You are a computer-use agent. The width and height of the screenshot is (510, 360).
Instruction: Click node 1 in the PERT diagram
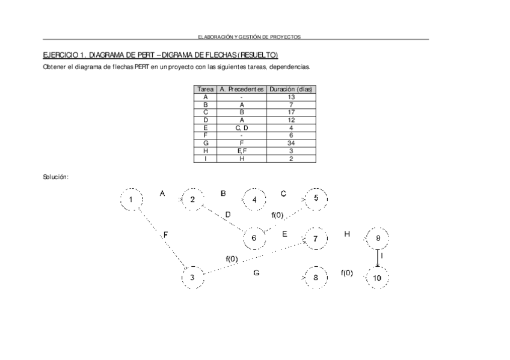(131, 200)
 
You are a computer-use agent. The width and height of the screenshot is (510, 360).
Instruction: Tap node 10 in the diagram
(377, 278)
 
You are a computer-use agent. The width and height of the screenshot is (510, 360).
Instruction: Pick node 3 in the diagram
(192, 278)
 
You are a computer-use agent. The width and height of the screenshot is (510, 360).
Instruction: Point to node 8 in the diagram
(315, 278)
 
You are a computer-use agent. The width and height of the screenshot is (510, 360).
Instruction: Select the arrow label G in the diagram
(256, 273)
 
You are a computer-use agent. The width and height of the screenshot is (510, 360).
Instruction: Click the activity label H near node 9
(347, 234)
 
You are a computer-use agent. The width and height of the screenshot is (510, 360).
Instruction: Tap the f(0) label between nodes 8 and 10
(347, 273)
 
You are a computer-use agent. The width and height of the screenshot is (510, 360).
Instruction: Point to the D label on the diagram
(228, 215)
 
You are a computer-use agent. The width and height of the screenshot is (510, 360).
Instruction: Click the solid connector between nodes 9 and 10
(378, 258)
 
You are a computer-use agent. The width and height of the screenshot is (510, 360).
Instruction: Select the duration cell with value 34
(291, 143)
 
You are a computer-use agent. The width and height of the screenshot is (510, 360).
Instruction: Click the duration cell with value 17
(291, 112)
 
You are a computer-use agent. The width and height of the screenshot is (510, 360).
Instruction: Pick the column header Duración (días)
(291, 89)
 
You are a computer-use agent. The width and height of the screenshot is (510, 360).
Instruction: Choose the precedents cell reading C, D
(242, 127)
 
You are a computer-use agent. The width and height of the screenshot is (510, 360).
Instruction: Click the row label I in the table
(206, 159)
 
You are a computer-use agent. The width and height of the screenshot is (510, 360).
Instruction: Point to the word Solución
(55, 177)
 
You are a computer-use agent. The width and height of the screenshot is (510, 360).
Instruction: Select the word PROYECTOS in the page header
(286, 37)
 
